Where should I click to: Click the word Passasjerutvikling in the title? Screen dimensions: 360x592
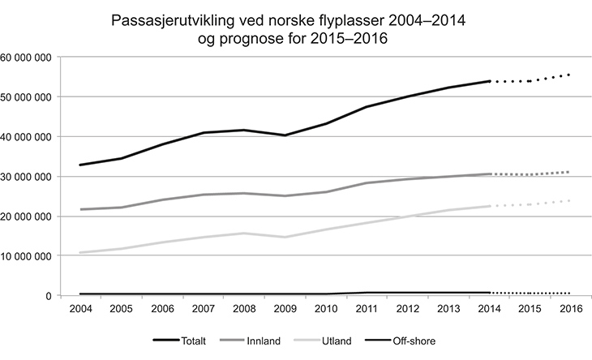pos(170,19)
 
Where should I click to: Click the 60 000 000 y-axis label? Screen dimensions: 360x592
pos(28,58)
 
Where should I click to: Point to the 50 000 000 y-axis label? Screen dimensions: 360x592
pos(28,97)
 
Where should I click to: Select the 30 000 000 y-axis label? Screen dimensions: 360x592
pos(28,177)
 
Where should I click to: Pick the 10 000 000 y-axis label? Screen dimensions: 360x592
pos(28,256)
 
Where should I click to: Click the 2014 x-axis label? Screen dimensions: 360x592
pos(488,311)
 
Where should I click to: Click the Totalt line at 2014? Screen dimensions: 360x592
pos(488,81)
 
